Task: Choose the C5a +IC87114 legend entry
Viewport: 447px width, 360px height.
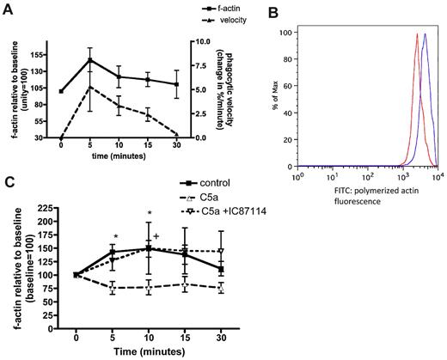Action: [237, 211]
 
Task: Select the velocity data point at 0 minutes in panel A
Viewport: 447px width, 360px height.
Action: [61, 137]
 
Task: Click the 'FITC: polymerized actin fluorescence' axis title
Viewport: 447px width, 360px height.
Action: [369, 189]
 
